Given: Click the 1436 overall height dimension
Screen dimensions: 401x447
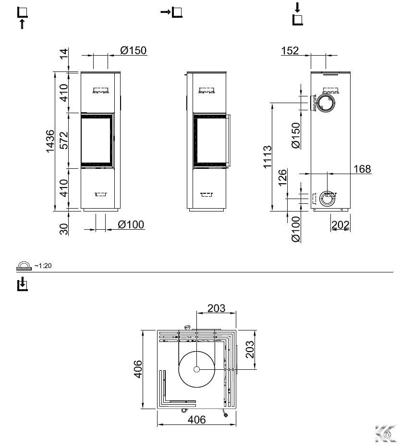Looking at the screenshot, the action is (x=50, y=141).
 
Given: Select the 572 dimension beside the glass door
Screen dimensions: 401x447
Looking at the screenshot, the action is (x=64, y=140).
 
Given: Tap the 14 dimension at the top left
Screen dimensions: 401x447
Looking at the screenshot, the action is (x=64, y=54).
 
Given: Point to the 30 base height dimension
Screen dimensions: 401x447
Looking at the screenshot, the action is (x=64, y=229).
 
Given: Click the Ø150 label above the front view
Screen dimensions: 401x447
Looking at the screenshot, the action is (x=134, y=50).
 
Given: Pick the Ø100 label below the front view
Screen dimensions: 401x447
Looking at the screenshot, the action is (x=131, y=224).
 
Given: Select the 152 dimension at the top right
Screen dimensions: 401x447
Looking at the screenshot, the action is (x=290, y=51).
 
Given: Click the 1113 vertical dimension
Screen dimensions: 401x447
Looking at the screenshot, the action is (x=267, y=157).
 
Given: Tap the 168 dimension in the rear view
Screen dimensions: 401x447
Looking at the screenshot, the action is (x=362, y=169).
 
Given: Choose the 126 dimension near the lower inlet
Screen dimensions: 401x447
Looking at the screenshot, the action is (x=282, y=177).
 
